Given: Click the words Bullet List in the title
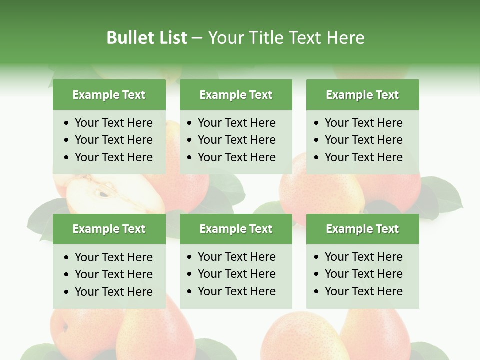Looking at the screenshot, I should coord(147,38).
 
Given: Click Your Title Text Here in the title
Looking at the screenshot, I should coord(286,38).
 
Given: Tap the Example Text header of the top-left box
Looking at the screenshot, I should coord(109,95).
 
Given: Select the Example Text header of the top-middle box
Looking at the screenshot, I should coord(236,95).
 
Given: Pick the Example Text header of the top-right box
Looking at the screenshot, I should coord(362,95).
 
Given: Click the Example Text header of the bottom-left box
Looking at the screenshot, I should coord(109,229).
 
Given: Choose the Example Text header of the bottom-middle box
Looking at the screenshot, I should coord(236,229).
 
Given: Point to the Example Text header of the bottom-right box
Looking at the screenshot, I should coord(362,229).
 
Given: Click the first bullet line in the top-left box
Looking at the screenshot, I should coord(113,123).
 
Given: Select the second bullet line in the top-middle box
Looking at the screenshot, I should coord(236,140).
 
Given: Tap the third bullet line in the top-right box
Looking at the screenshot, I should coord(363,157).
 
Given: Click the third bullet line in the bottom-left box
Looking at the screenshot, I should coord(113,292).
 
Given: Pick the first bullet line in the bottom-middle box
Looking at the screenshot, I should coord(236,257).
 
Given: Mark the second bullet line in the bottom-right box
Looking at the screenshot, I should coord(363,274).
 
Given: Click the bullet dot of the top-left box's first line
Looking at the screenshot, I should coord(67,123).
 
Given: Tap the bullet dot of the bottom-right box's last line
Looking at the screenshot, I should coord(317,291).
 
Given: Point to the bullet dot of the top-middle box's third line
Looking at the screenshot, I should coord(190,157).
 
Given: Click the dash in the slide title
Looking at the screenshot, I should coord(197,38).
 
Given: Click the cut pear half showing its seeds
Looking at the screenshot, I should coord(112,195).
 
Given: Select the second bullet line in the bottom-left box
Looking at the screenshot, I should coord(113,274).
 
